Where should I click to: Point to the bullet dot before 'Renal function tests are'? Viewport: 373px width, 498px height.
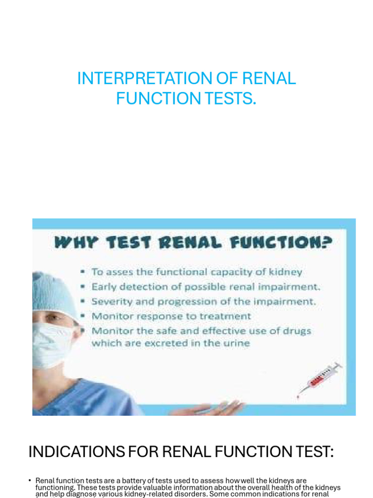(x=30, y=480)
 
